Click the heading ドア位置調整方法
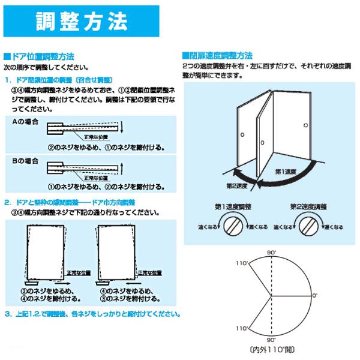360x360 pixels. coord(43,55)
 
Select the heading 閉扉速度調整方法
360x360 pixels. coord(219,55)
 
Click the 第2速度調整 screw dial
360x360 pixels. coord(308,227)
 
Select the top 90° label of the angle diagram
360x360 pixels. coord(272,255)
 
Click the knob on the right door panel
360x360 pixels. coord(305,125)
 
